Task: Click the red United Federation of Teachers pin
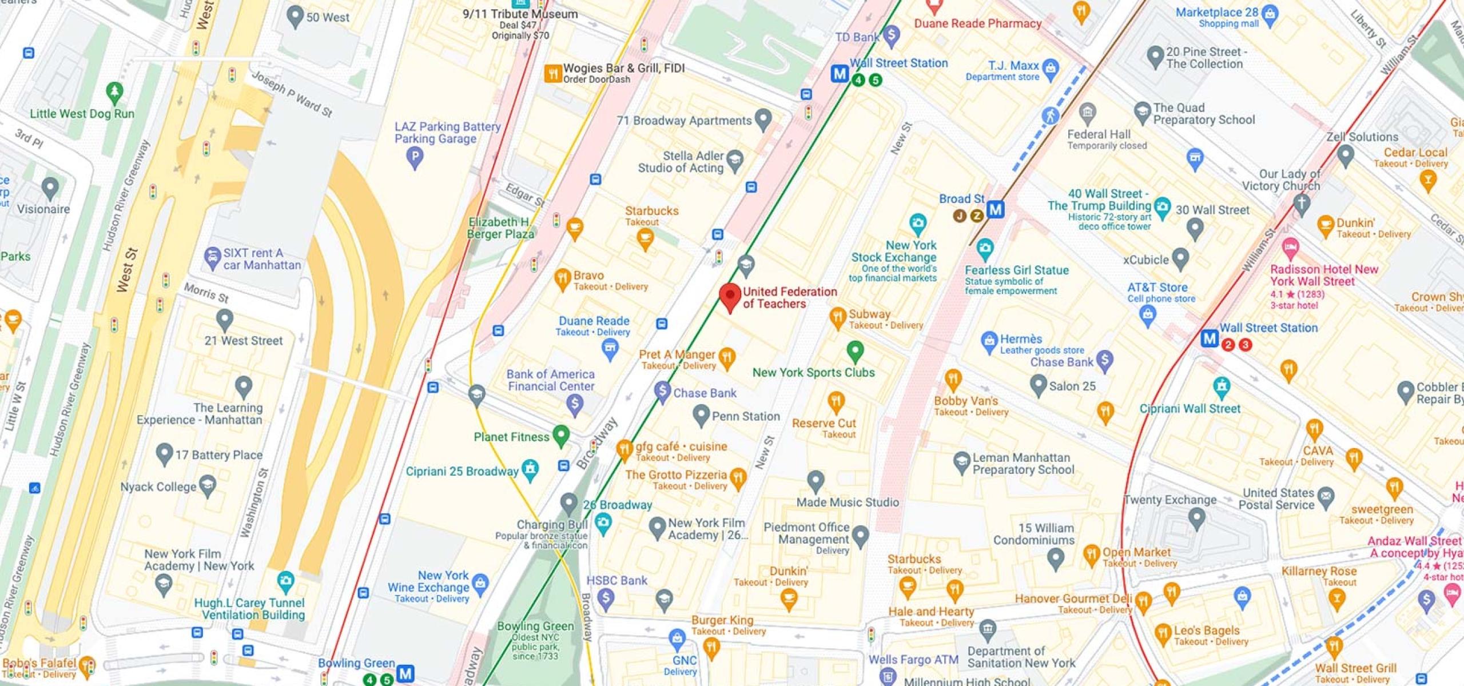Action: pos(730,296)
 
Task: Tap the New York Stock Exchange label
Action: pos(894,252)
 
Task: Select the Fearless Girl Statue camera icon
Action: pos(984,248)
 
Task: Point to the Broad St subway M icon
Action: pos(996,209)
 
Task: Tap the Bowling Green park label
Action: pos(535,626)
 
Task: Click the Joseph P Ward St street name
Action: pos(292,94)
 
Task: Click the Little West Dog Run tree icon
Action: pos(115,91)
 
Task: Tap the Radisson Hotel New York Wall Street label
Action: pos(1324,275)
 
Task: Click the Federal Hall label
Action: pos(1099,134)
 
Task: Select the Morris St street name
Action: pos(206,293)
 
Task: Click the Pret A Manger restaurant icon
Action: pos(726,358)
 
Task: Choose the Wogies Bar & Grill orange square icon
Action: pos(552,73)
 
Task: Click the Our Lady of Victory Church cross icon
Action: pos(1301,204)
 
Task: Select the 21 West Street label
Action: pos(244,341)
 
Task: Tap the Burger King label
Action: pos(722,620)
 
